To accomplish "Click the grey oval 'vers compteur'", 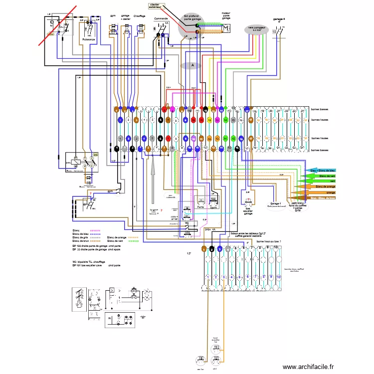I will click(x=258, y=30).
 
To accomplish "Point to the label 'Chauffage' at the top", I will click(x=139, y=16).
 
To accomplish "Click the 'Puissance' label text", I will click(x=89, y=39).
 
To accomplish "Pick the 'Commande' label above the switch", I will click(x=161, y=18).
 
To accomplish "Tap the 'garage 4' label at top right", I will click(x=279, y=20).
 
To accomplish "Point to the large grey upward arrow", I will click(x=154, y=170).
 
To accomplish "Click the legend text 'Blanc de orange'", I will click(x=117, y=237).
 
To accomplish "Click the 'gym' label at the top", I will click(x=113, y=16).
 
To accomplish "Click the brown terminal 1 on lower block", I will click(x=204, y=248).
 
